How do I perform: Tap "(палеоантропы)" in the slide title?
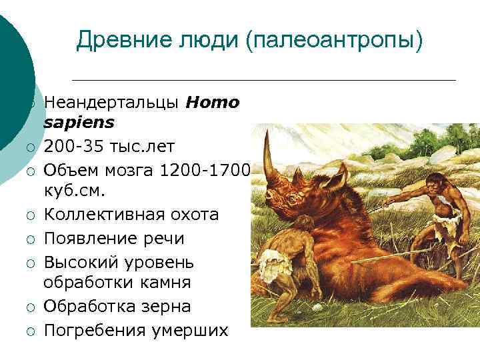(334, 41)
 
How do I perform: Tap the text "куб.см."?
(75, 191)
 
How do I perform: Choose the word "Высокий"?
(79, 261)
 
